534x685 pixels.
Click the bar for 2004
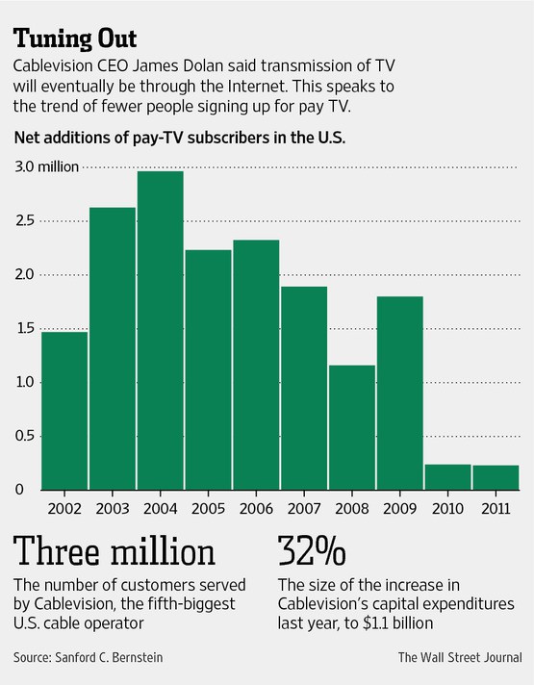pyautogui.click(x=160, y=330)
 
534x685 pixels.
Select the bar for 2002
pyautogui.click(x=64, y=410)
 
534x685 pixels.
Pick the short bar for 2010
pyautogui.click(x=447, y=477)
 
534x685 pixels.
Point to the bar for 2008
pyautogui.click(x=351, y=427)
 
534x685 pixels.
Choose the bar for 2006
pyautogui.click(x=256, y=365)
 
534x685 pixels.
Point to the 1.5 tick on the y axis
pyautogui.click(x=24, y=329)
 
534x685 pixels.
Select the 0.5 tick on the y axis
pyautogui.click(x=24, y=436)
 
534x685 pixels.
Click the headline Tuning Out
pyautogui.click(x=75, y=38)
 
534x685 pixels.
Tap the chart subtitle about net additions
pyautogui.click(x=180, y=137)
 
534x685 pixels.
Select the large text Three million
pyautogui.click(x=114, y=552)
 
